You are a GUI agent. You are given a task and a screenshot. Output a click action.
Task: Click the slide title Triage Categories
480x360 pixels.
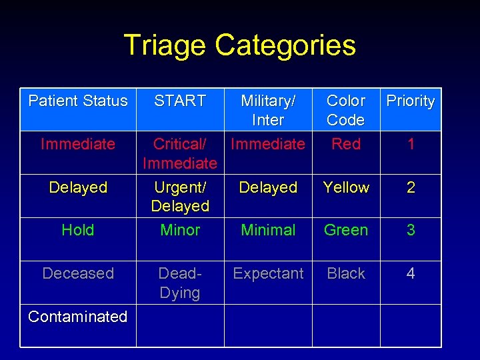coord(239,45)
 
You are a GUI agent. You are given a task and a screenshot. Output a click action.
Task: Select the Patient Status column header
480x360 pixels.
coord(78,101)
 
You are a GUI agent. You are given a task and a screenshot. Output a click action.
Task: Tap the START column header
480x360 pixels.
coord(180,101)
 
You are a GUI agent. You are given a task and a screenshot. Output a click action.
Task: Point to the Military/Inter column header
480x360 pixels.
coord(268,110)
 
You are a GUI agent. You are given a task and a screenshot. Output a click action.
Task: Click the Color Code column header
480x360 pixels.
coord(346,110)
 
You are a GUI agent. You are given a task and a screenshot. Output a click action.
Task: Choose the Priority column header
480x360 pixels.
coord(411,101)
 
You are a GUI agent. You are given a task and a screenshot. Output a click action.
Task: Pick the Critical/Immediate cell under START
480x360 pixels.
coord(180,153)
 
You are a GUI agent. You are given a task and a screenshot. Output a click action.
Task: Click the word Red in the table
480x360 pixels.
coord(346,144)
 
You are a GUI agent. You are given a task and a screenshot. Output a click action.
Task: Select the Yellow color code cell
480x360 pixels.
coord(346,187)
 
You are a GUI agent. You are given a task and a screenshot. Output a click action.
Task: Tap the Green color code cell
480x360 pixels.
coord(346,230)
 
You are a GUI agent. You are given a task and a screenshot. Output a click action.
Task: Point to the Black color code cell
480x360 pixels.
coord(346,273)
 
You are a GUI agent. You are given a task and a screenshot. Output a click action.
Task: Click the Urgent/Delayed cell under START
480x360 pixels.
coord(180,197)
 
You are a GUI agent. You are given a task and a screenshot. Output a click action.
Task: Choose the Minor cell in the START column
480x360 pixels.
coord(180,230)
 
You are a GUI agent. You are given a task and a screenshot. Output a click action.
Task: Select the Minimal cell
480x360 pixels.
coord(268,230)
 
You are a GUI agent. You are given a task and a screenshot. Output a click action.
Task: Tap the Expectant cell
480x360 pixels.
coord(268,273)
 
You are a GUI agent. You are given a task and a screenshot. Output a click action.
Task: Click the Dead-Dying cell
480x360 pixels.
coord(180,283)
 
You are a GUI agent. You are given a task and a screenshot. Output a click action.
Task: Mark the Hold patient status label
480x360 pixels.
coord(78,230)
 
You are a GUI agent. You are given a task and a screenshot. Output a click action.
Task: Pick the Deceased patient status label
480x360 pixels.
coord(78,273)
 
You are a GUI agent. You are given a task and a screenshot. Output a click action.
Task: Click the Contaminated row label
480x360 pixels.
coord(78,317)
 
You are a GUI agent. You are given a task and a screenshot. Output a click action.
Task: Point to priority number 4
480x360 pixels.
coord(411,273)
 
